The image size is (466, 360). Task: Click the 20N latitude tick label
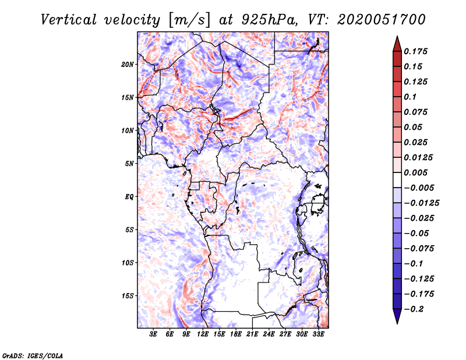(128, 64)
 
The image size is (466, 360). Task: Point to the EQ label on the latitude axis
(129, 197)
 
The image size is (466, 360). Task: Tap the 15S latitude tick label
(128, 296)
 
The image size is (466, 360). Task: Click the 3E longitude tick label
(154, 334)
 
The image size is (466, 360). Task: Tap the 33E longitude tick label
(318, 334)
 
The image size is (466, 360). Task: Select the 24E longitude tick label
(269, 334)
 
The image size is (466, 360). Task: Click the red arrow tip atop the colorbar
(397, 41)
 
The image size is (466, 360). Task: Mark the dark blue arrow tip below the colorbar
(397, 319)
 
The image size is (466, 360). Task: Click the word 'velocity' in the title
(126, 19)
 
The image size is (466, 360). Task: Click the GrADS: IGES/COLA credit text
(32, 355)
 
